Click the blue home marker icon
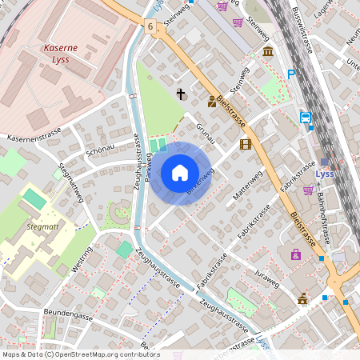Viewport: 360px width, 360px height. tap(180, 173)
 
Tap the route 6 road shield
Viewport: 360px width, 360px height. tap(150, 26)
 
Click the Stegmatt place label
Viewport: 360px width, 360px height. tap(43, 226)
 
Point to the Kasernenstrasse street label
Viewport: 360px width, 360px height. tap(35, 138)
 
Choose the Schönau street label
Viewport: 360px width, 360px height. tap(101, 150)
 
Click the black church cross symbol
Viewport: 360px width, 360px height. tap(181, 94)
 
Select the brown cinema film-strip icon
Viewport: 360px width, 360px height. tap(245, 144)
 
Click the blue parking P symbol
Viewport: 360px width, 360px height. tap(292, 74)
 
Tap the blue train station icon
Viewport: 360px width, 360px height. tap(306, 118)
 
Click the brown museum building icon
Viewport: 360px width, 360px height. tap(267, 51)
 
